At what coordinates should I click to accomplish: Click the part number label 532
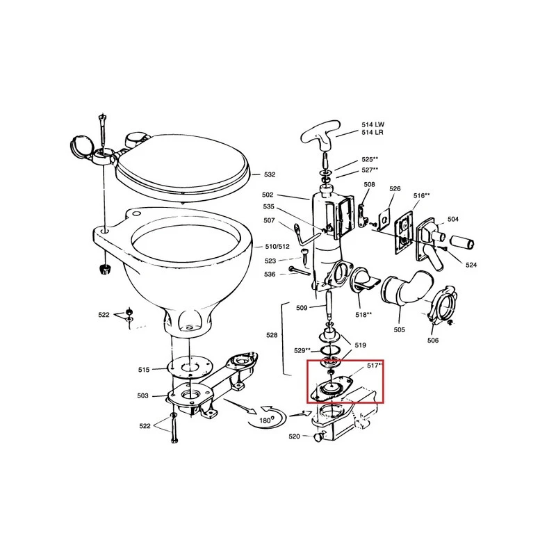click(x=270, y=174)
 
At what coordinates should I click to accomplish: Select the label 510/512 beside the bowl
click(x=277, y=247)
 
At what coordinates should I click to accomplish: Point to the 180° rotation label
click(x=265, y=420)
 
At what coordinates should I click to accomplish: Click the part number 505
click(x=399, y=329)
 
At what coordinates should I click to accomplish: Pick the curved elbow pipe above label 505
click(x=407, y=287)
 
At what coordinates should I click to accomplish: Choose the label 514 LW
click(x=373, y=124)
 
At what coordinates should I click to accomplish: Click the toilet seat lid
click(x=181, y=164)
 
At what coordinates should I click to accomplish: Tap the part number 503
click(x=143, y=395)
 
